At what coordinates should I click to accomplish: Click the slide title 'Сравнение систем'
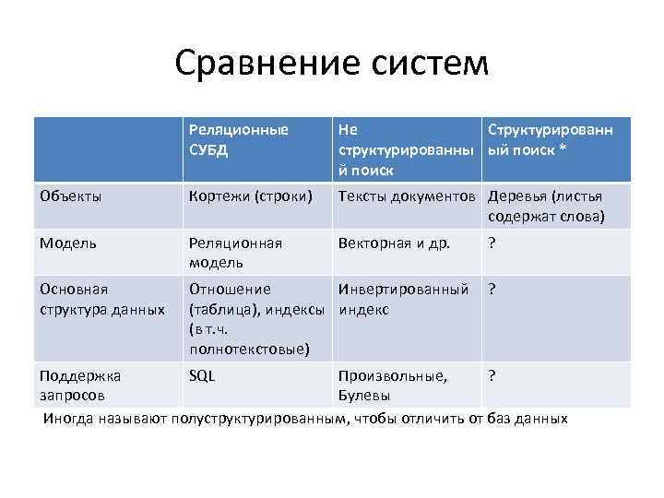(331, 63)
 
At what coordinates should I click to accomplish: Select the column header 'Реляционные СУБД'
(239, 139)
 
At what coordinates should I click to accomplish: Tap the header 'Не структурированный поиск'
(406, 149)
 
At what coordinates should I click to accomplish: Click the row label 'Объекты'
(70, 196)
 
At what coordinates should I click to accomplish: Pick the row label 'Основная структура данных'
(101, 298)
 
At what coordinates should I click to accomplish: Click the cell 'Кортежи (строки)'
(250, 196)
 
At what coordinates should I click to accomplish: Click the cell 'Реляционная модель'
(235, 252)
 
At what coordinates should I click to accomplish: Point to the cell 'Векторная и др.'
(394, 243)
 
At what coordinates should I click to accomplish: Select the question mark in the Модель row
(492, 243)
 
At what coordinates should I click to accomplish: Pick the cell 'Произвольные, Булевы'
(392, 385)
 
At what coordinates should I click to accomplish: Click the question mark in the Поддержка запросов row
(492, 375)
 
